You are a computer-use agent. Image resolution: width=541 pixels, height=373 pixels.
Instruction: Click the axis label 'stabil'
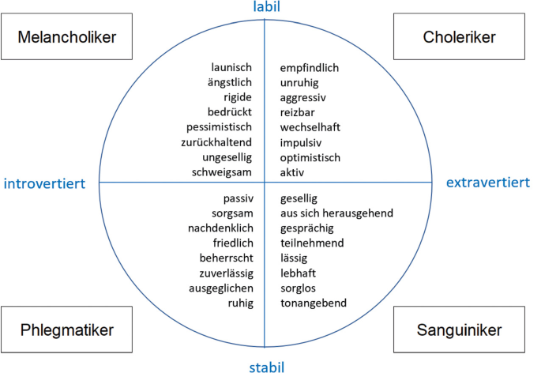tap(265, 366)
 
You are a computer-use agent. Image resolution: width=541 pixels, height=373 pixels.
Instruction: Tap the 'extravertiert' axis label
tap(488, 183)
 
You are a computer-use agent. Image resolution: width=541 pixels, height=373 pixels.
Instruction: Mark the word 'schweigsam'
tap(224, 172)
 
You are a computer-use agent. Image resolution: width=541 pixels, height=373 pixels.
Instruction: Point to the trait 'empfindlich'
tap(309, 68)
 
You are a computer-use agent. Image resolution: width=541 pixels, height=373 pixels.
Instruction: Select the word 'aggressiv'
tap(302, 98)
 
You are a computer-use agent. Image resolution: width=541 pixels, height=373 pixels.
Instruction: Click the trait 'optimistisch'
tap(310, 157)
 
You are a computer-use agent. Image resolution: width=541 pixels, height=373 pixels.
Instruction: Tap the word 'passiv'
tap(238, 198)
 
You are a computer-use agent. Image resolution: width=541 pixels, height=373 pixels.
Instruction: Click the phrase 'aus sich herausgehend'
tap(336, 213)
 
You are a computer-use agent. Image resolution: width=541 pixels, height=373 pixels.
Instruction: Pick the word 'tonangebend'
tap(313, 303)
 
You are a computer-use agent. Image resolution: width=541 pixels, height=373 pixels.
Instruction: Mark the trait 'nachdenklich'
tap(221, 228)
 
